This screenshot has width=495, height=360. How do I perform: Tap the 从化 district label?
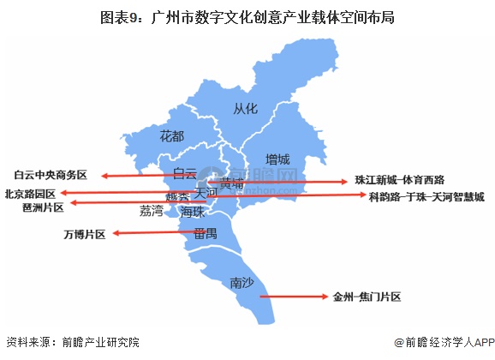point(245,108)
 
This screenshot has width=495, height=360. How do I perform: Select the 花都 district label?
point(172,136)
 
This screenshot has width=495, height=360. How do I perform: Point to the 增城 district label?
point(277,159)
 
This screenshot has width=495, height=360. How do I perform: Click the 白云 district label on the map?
point(185,174)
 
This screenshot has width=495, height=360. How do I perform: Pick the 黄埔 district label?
point(231,183)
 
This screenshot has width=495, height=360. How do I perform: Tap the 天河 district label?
point(206,195)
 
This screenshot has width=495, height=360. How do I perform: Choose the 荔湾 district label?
point(151,210)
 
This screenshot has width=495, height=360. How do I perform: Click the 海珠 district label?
point(194,212)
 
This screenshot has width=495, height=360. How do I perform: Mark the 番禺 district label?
point(205,233)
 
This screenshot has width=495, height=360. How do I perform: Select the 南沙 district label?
point(243,283)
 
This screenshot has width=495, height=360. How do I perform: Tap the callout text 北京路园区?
point(30,194)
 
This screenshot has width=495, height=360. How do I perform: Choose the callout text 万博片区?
point(85,234)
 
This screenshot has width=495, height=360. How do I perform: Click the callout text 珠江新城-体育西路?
point(400,181)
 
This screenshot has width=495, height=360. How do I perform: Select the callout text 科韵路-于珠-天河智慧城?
point(426,196)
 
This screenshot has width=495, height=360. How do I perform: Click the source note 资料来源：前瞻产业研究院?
point(72,342)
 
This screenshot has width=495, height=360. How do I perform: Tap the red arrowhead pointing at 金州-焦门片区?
point(325,297)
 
